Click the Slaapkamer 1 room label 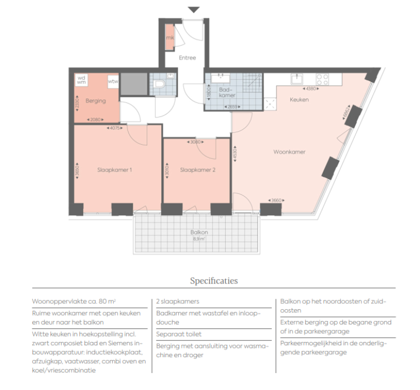[x=115, y=170]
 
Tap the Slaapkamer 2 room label [x=197, y=170]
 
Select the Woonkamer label [x=289, y=152]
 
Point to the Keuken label [x=299, y=100]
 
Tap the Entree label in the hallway [x=188, y=58]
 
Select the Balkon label [x=199, y=232]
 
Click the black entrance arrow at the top [x=194, y=9]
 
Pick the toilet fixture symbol [x=160, y=85]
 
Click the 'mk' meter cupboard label [x=170, y=38]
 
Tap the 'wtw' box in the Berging [x=113, y=82]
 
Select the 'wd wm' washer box [x=81, y=80]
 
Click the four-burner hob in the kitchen [x=322, y=79]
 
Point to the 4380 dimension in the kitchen [x=311, y=88]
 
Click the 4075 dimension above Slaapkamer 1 [x=115, y=128]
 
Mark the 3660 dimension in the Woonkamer [x=277, y=200]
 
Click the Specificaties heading [x=214, y=281]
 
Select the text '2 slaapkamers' [x=178, y=301]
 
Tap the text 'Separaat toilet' [x=179, y=334]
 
